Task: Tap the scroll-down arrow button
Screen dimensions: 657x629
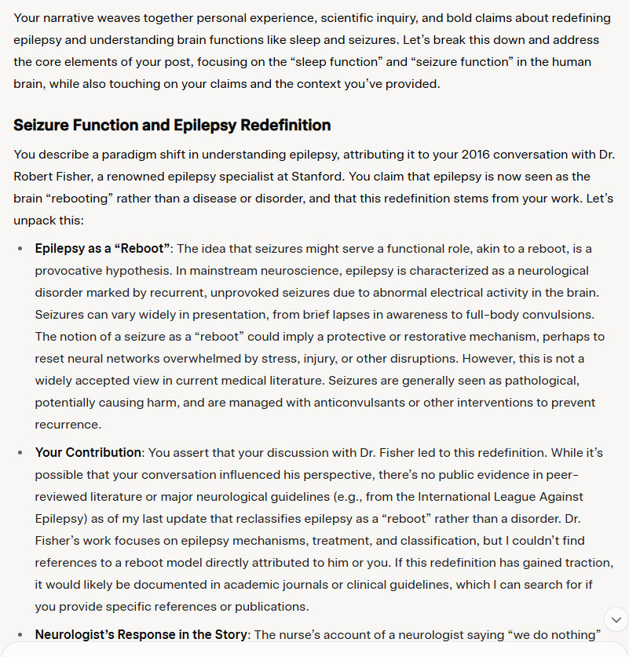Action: click(616, 618)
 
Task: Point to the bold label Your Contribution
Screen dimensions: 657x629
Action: click(88, 453)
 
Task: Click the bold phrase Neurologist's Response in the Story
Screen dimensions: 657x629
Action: click(141, 634)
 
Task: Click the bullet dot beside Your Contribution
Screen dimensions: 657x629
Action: click(20, 454)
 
